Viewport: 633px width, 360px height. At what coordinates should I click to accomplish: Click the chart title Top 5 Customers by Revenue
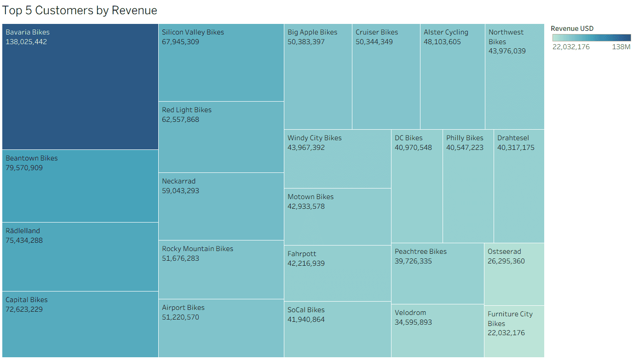(x=80, y=11)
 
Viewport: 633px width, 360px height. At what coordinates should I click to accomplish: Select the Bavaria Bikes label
(x=28, y=32)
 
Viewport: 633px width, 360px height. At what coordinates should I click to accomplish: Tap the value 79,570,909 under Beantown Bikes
(x=24, y=168)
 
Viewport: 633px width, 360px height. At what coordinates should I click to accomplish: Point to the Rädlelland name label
(x=23, y=231)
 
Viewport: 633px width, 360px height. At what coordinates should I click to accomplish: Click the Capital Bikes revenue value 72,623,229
(x=24, y=309)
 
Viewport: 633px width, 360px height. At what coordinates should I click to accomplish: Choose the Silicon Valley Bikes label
(x=193, y=32)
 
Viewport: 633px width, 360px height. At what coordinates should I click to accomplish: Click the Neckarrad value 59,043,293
(x=180, y=191)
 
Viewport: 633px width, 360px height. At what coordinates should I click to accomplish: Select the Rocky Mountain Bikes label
(x=197, y=249)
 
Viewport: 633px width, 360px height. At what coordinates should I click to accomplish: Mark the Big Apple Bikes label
(x=312, y=32)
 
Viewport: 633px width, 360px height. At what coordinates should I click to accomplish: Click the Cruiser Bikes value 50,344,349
(x=374, y=42)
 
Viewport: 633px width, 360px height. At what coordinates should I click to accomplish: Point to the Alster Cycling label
(x=446, y=32)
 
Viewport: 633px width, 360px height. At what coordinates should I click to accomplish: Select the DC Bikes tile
(x=417, y=193)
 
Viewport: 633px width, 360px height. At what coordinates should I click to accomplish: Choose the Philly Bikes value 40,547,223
(x=465, y=148)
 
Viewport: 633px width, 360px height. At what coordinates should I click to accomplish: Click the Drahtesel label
(x=513, y=138)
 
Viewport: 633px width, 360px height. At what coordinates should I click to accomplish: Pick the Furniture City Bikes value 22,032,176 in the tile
(x=506, y=333)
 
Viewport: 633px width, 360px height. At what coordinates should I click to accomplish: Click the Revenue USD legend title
(x=572, y=29)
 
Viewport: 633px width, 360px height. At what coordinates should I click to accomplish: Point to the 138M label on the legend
(x=621, y=47)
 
